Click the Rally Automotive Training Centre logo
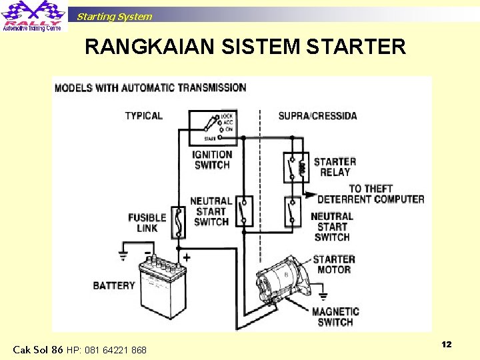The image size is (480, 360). [x=33, y=16]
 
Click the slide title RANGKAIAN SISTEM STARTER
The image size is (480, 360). [x=245, y=47]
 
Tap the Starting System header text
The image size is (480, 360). [x=114, y=17]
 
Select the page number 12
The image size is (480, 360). [x=447, y=344]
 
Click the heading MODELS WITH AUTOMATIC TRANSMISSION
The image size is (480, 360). [x=150, y=87]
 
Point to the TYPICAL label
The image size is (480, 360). [x=143, y=116]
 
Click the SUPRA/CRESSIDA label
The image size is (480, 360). [x=317, y=116]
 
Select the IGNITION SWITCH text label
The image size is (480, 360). [x=211, y=160]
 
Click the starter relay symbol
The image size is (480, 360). [x=293, y=167]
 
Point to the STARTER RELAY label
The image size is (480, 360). [x=335, y=167]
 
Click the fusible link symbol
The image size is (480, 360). [x=178, y=221]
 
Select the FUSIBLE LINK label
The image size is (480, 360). [x=147, y=223]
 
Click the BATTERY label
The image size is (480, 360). [x=114, y=285]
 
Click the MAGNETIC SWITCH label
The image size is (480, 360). [x=335, y=317]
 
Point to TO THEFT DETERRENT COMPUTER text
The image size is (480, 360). [x=371, y=194]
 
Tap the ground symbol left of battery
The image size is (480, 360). [x=123, y=255]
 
